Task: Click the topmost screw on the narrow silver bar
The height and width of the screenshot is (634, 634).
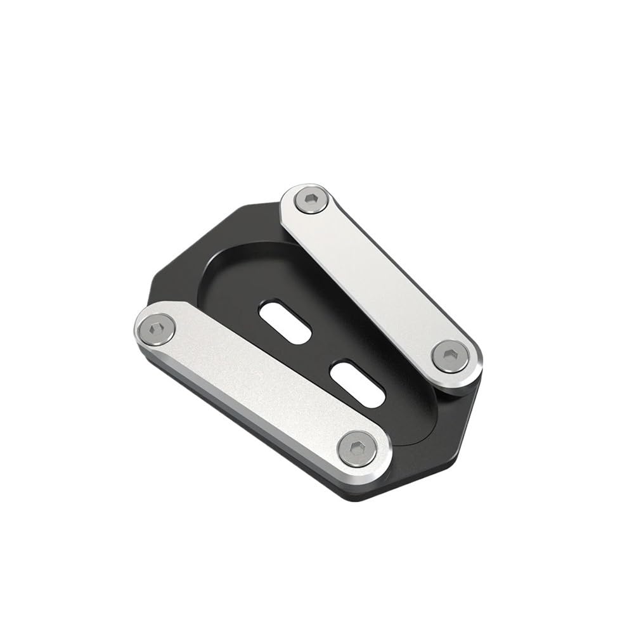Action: (311, 200)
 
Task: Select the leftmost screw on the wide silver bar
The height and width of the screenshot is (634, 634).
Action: (155, 329)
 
